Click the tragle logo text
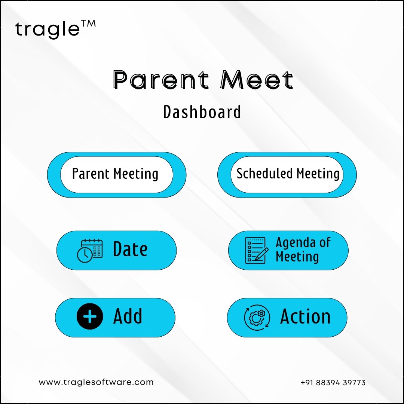48,30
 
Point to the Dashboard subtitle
202,112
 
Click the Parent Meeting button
117,175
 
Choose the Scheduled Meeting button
287,175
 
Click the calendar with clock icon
90,251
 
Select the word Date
130,249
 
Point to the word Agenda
296,243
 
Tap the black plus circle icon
90,316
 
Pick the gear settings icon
257,318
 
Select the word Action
305,316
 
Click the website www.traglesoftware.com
96,382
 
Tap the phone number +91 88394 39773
333,383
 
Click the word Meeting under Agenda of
297,257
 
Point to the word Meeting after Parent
136,174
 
